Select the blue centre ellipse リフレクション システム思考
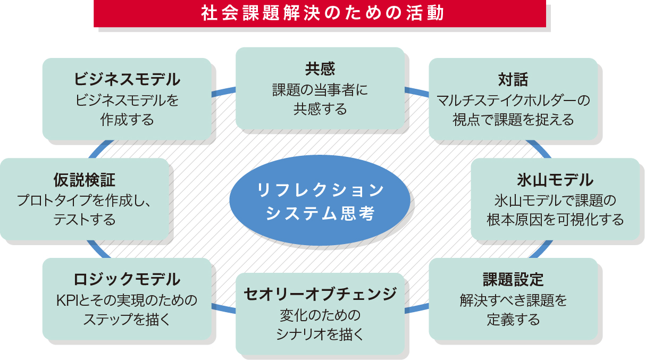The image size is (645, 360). pos(320,201)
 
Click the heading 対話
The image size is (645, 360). pos(513,80)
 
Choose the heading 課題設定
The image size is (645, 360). pos(513,280)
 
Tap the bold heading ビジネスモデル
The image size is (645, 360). pos(127,80)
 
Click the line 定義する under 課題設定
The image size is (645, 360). pos(513,320)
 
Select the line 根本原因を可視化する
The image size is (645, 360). pos(555,220)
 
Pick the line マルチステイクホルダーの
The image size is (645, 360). pos(513,100)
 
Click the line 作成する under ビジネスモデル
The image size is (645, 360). pos(127,120)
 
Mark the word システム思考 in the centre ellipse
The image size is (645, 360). pos(320,213)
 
